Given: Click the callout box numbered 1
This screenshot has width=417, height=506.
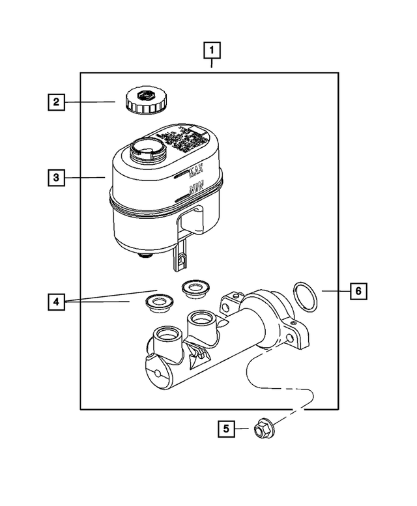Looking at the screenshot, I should [212, 49].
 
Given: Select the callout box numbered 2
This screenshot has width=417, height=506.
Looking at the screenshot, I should [56, 102].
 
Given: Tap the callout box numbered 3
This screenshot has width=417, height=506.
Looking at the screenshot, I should [56, 177].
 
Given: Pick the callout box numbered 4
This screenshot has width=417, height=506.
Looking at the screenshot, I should [56, 302].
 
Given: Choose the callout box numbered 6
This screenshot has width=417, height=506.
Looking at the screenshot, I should [357, 291].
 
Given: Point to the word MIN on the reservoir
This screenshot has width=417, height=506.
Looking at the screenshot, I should [195, 190].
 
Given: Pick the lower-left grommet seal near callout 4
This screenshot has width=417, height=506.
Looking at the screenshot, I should [156, 301].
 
